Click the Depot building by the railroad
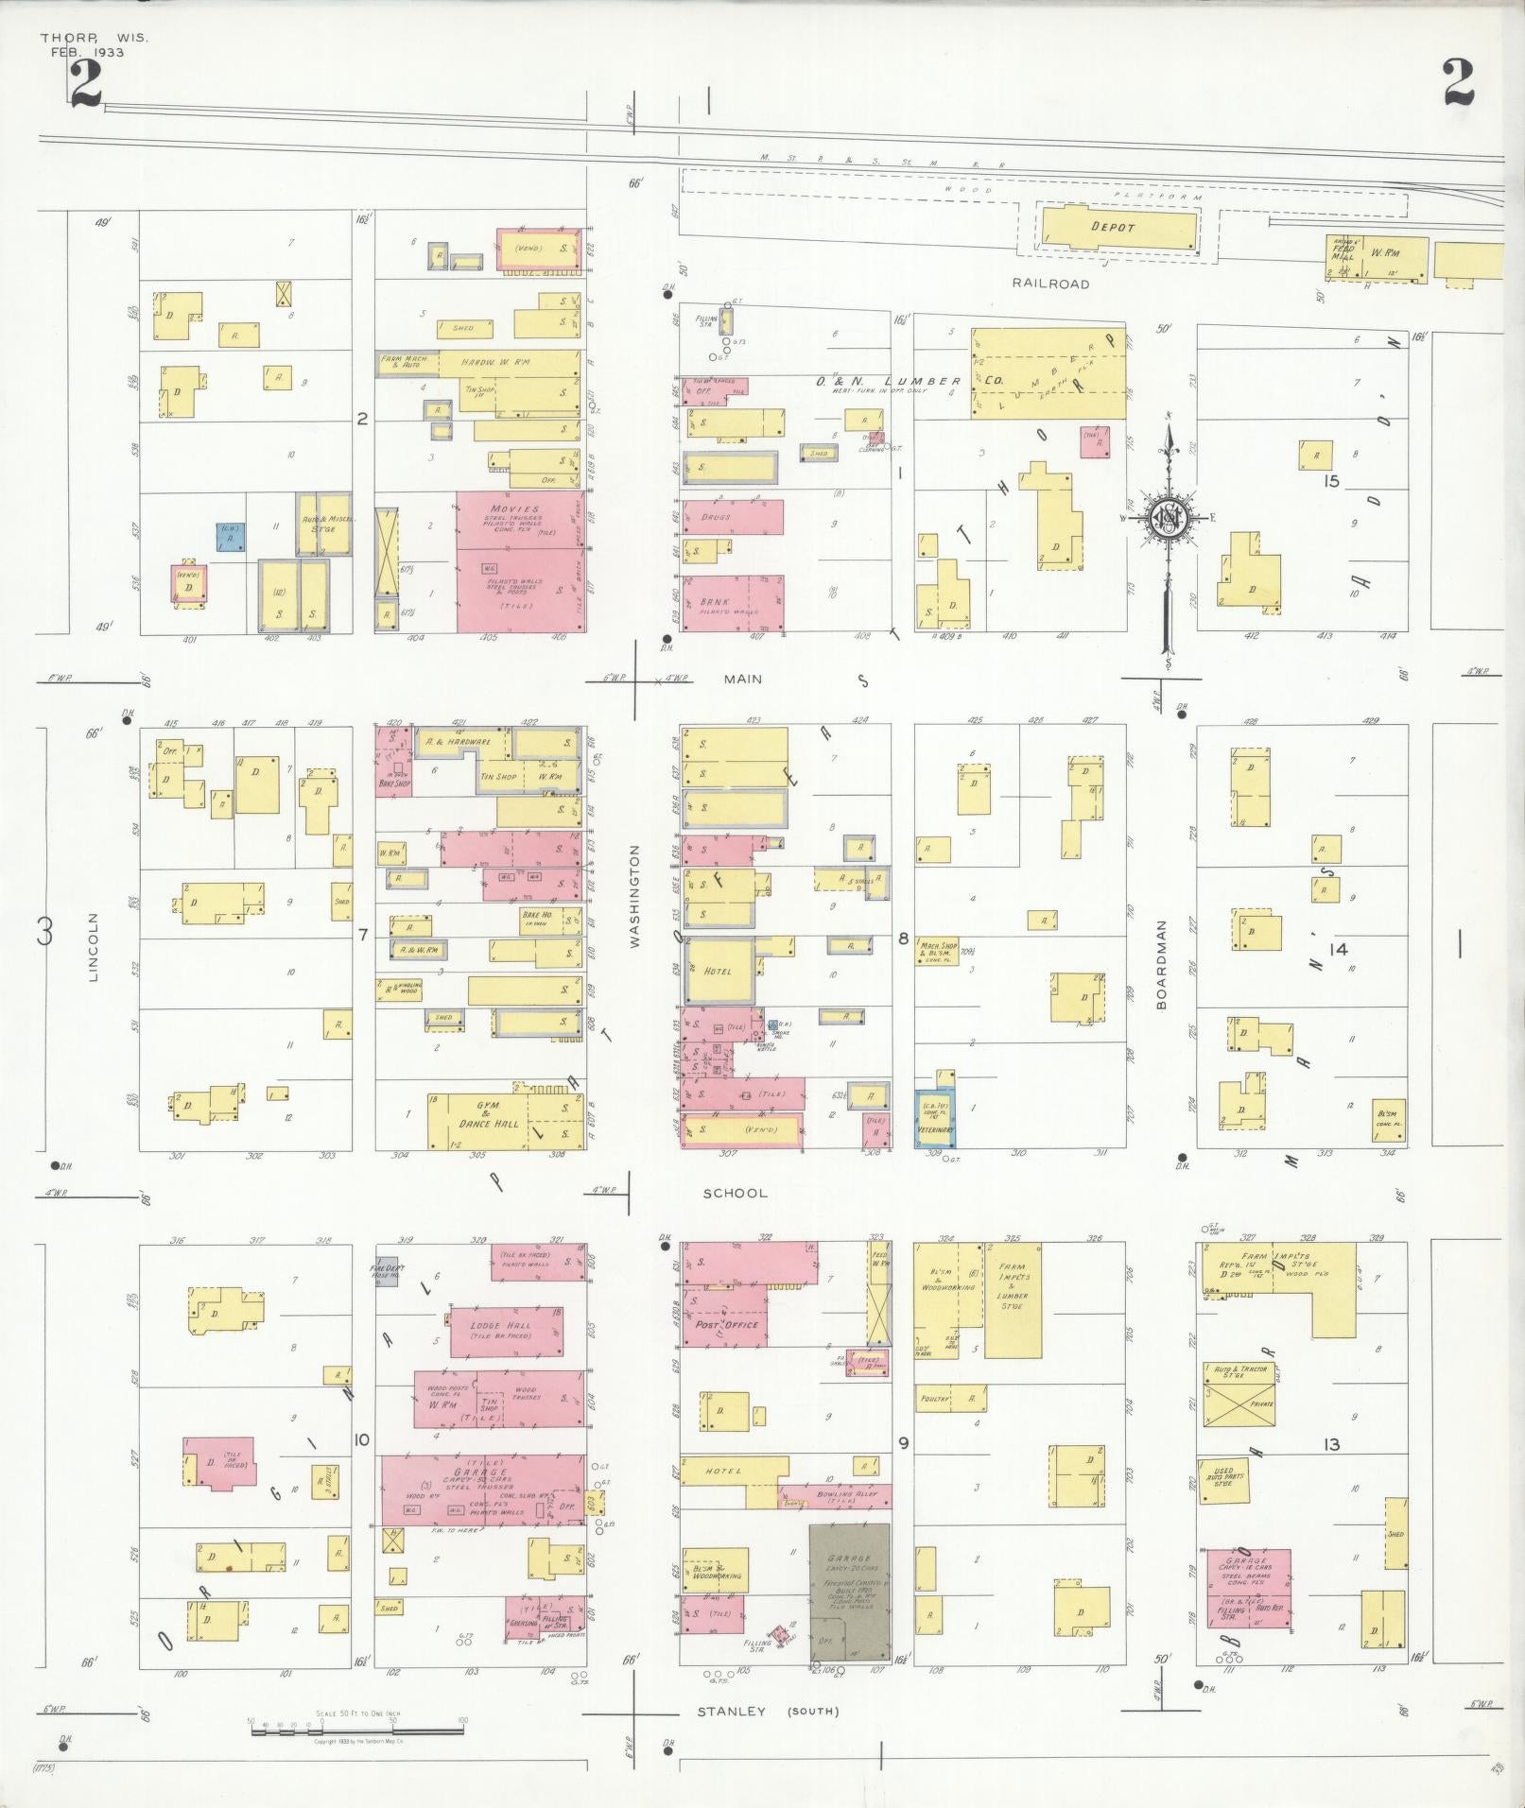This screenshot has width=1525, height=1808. [x=1116, y=228]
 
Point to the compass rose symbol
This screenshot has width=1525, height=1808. [x=1169, y=517]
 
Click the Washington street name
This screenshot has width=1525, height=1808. [x=634, y=895]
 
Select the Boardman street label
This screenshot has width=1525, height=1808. [x=1162, y=965]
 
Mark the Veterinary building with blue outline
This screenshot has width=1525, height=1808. [x=934, y=1118]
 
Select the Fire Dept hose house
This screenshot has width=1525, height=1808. [x=387, y=1269]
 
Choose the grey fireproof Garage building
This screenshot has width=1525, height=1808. [x=849, y=1593]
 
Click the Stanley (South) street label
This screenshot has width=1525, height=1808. [x=768, y=1711]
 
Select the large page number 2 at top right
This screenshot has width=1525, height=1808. [x=1458, y=83]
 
